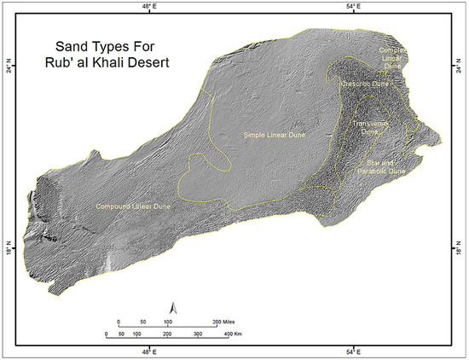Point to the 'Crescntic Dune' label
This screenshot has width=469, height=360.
[x=357, y=84]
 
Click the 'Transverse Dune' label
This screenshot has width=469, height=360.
[x=369, y=127]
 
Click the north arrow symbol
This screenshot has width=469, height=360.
[x=173, y=306]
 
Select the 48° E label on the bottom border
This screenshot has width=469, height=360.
[x=148, y=351]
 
